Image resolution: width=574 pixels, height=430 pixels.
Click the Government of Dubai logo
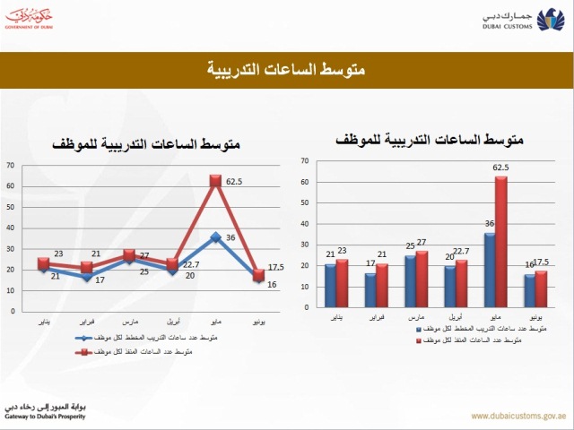[x=38, y=20]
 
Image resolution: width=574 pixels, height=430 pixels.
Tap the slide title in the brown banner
[x=287, y=69]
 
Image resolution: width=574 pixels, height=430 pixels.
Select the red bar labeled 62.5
[x=500, y=241]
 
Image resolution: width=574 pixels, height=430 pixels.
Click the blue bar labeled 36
[x=489, y=270]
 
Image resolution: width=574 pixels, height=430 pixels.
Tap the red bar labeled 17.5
[x=540, y=289]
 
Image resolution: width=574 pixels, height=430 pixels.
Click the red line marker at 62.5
[x=215, y=181]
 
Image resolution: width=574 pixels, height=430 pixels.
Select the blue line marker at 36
[x=215, y=236]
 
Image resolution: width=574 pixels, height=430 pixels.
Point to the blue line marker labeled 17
[x=86, y=277]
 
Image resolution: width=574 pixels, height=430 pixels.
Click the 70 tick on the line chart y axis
[x=10, y=165]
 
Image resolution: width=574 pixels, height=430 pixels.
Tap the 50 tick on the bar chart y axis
[x=305, y=203]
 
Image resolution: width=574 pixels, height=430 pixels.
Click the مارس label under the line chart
[x=129, y=319]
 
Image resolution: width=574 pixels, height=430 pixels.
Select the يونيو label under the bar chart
[x=534, y=318]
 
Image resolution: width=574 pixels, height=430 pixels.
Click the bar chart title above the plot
[x=429, y=141]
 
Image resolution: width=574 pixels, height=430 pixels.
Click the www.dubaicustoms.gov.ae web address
[x=517, y=416]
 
